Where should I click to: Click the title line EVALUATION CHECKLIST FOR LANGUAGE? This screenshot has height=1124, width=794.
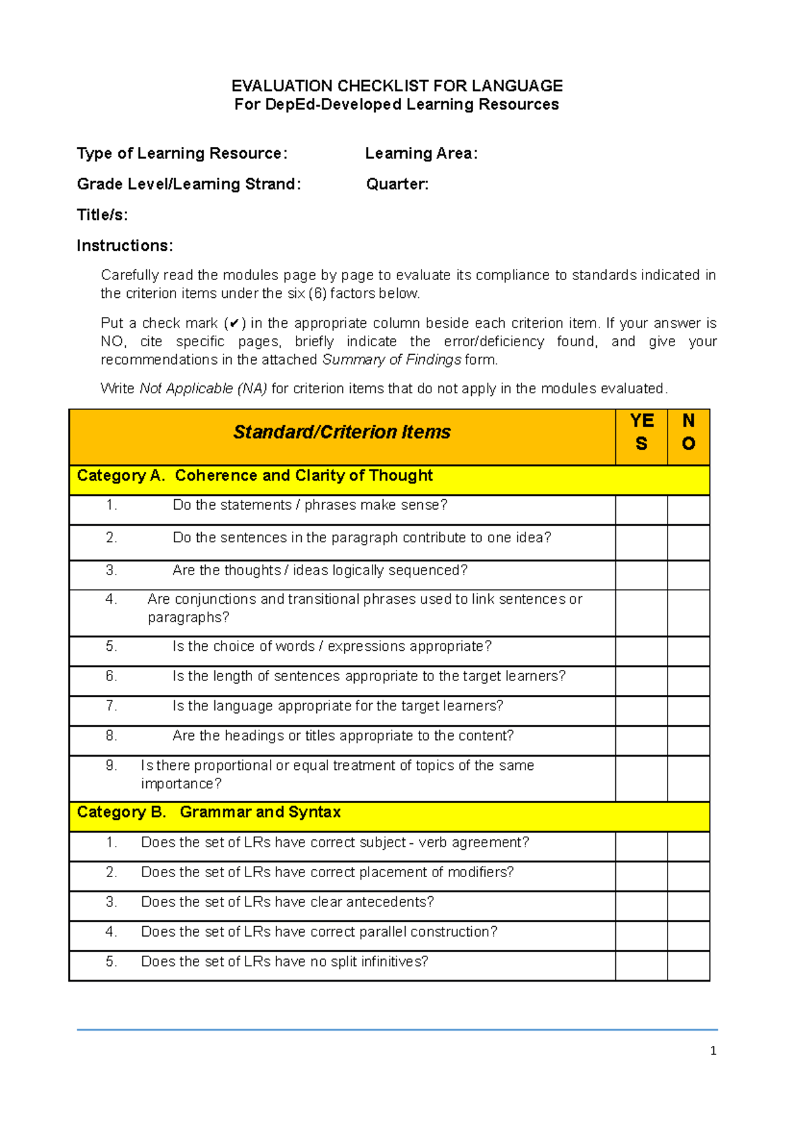[397, 86]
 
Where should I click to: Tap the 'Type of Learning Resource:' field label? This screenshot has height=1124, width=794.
[182, 154]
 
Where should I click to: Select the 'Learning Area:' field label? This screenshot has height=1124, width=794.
[421, 154]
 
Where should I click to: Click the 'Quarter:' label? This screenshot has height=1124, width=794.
[397, 184]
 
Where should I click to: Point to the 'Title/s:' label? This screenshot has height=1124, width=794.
[103, 215]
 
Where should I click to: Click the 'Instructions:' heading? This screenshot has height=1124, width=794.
[124, 246]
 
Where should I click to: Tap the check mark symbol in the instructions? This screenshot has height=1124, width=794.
[234, 324]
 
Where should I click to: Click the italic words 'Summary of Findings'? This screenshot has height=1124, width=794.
[391, 359]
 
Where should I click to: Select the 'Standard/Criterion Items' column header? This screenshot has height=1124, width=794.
[341, 432]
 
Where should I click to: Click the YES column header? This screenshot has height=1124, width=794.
[641, 432]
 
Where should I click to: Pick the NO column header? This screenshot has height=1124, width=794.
[688, 432]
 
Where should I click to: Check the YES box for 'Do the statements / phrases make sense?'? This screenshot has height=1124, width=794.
[641, 510]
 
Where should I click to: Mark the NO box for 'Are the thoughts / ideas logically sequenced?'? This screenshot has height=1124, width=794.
[688, 575]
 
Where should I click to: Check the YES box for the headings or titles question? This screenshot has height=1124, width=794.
[641, 741]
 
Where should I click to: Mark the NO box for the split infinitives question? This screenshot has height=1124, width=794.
[688, 966]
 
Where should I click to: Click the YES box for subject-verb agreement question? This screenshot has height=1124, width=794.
[641, 847]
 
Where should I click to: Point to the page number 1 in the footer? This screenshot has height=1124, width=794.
[713, 1051]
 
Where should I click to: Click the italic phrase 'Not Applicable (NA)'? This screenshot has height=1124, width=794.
[203, 389]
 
